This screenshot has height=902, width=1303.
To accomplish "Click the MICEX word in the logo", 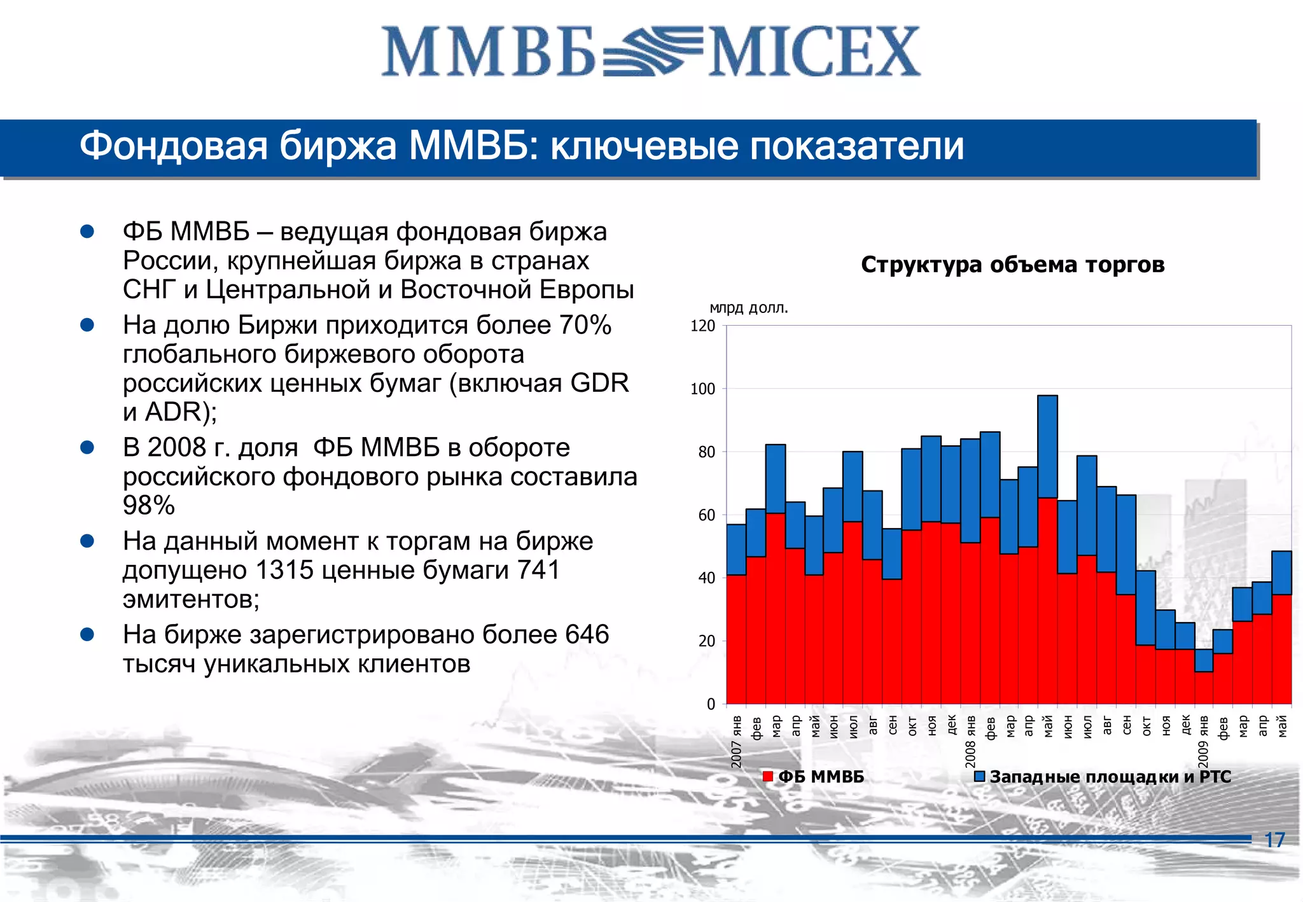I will (814, 52).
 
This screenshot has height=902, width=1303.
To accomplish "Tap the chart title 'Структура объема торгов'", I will (1012, 265).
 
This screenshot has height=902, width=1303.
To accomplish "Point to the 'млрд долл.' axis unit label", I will (748, 308).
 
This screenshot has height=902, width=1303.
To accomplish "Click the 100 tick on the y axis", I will (702, 389).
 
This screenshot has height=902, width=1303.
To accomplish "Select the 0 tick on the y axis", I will (711, 704).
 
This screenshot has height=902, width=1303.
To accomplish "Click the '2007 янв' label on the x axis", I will (736, 742).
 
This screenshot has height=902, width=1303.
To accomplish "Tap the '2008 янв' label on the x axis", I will (970, 742).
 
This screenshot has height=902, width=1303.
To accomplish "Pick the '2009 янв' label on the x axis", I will (1204, 742).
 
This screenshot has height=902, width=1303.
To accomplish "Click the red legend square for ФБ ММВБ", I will (768, 777).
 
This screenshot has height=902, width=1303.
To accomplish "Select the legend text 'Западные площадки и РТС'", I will (1110, 777).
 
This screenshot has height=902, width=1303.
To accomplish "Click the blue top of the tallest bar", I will (1047, 445).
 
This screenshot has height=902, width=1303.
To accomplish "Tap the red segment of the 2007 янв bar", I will (736, 639).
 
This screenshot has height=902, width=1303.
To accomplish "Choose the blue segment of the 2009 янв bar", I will (1204, 660).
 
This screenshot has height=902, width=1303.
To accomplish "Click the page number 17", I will (1274, 840).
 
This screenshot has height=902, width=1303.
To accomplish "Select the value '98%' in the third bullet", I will (148, 506).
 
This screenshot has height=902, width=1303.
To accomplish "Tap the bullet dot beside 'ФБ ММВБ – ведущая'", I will (87, 232).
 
